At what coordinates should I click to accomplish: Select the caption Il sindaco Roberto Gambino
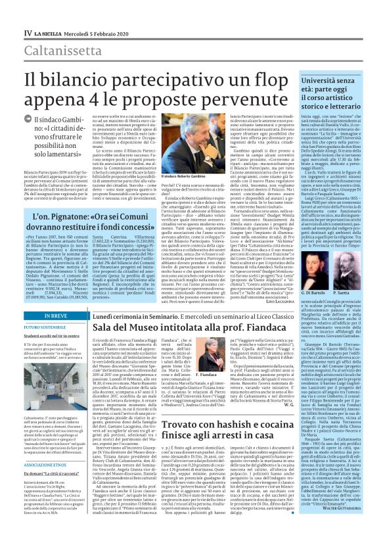coord(171,178)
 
